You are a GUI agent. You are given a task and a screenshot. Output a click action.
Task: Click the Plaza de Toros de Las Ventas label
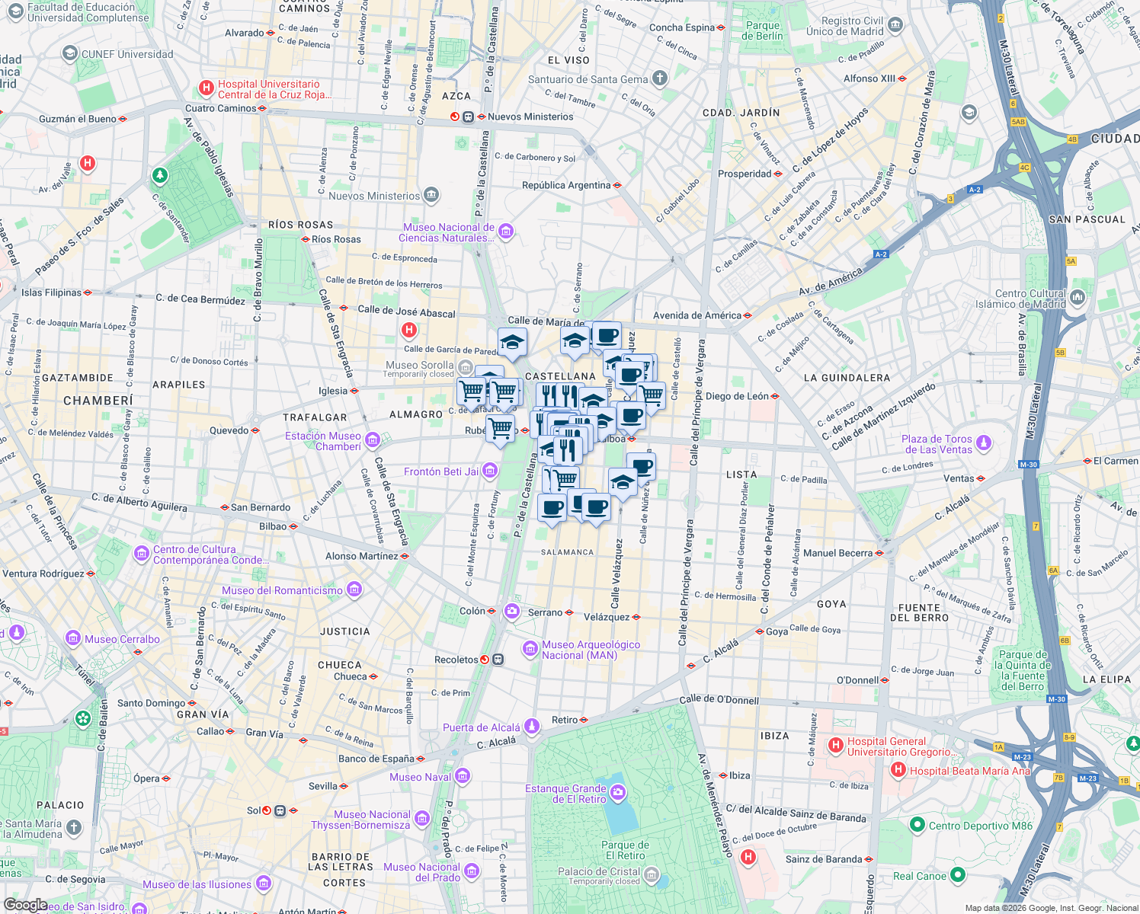pyautogui.click(x=937, y=444)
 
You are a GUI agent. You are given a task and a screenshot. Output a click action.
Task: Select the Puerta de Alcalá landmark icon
pyautogui.click(x=532, y=727)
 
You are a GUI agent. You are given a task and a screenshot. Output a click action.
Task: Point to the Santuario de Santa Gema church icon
pyautogui.click(x=660, y=78)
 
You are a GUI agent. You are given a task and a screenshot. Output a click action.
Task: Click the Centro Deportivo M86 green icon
pyautogui.click(x=917, y=825)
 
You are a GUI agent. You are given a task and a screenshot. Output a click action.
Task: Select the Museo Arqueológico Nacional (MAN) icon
pyautogui.click(x=530, y=649)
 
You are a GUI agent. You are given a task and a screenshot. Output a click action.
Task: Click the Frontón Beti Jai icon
pyautogui.click(x=490, y=471)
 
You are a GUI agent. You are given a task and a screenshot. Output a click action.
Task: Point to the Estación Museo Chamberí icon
pyautogui.click(x=373, y=439)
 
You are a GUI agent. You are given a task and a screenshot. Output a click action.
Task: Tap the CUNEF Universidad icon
pyautogui.click(x=70, y=53)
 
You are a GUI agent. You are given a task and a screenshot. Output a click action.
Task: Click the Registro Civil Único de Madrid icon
pyautogui.click(x=895, y=25)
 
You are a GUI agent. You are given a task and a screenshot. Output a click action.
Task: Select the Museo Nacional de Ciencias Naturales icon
pyautogui.click(x=506, y=232)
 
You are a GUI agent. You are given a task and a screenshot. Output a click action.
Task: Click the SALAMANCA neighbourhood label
pyautogui.click(x=567, y=552)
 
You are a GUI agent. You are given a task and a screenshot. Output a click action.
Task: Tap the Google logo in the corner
pyautogui.click(x=25, y=904)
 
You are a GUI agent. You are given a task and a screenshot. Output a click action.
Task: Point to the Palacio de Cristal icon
pyautogui.click(x=651, y=875)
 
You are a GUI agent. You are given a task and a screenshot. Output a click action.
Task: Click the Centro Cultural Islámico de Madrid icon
pyautogui.click(x=1078, y=297)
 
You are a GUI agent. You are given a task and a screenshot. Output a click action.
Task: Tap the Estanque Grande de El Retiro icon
pyautogui.click(x=618, y=793)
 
